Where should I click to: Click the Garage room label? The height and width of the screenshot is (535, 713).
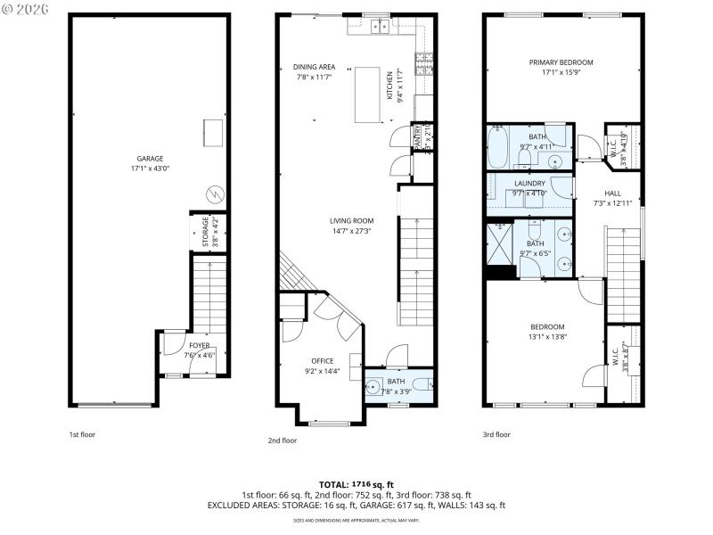pos(150,159)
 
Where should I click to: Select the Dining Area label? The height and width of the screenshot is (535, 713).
pos(315,67)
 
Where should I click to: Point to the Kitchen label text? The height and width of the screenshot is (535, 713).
pos(389,86)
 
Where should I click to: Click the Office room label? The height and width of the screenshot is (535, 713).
pos(322,360)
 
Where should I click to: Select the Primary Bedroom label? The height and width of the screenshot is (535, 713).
pos(561,62)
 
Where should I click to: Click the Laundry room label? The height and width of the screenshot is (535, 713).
pos(529,183)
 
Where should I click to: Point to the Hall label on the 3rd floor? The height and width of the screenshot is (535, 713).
pos(612,193)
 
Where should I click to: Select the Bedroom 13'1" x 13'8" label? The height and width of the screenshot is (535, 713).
pos(547,326)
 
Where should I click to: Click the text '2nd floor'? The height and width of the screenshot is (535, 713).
pos(282,440)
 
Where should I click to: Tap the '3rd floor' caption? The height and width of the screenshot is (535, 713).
pos(496,435)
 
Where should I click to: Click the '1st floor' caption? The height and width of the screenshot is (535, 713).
pos(82,435)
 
